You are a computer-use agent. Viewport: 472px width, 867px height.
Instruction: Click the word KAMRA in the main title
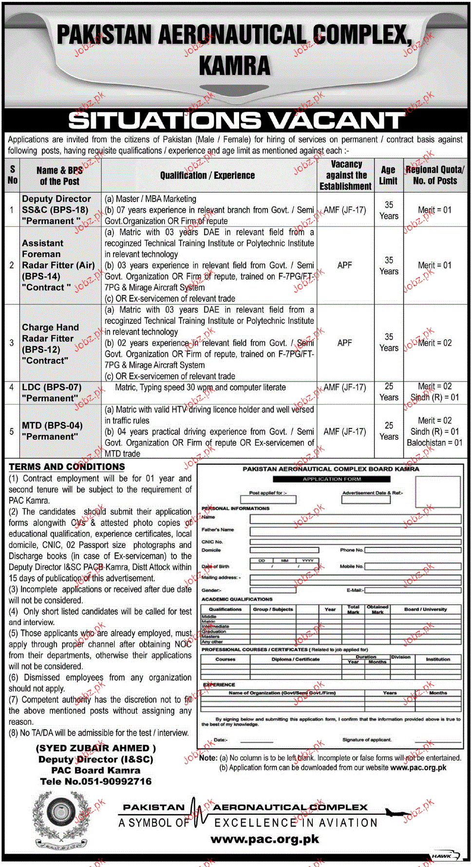[234, 66]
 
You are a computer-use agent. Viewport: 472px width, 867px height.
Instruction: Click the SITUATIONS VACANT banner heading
[236, 120]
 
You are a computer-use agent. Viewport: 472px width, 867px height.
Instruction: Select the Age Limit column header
[388, 175]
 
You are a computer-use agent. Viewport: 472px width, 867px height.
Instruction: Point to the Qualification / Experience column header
[208, 175]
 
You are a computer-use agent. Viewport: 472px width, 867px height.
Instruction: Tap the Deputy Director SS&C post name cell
[56, 210]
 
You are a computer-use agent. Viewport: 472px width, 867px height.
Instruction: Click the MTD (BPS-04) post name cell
[52, 431]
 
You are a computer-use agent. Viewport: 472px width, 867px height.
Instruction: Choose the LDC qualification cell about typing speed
[200, 388]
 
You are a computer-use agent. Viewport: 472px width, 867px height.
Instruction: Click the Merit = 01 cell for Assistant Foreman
[434, 265]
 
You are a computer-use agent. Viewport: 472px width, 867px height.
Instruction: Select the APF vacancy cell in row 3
[344, 343]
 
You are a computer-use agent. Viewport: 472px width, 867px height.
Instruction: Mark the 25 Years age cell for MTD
[389, 431]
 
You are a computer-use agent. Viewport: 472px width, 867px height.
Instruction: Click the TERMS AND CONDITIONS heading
[67, 467]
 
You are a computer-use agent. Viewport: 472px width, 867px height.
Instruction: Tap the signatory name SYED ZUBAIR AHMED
[95, 748]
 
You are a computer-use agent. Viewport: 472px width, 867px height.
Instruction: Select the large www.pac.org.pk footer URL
[264, 839]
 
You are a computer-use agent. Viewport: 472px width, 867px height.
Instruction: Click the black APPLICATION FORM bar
[332, 479]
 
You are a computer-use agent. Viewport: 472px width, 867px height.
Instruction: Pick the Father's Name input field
[355, 530]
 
